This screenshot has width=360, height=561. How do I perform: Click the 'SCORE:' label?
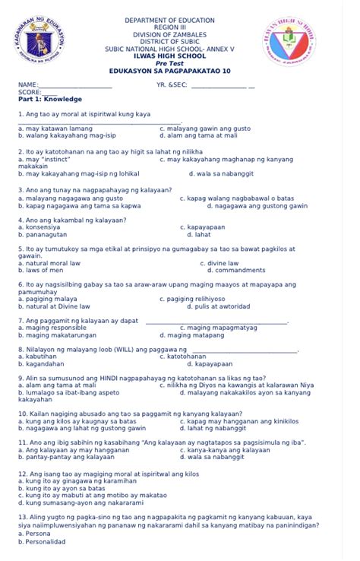28,91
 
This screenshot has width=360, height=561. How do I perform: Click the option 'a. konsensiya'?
39,227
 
